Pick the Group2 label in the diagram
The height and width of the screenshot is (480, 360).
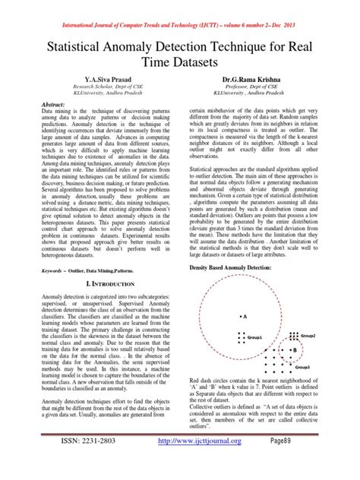coord(308,335)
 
